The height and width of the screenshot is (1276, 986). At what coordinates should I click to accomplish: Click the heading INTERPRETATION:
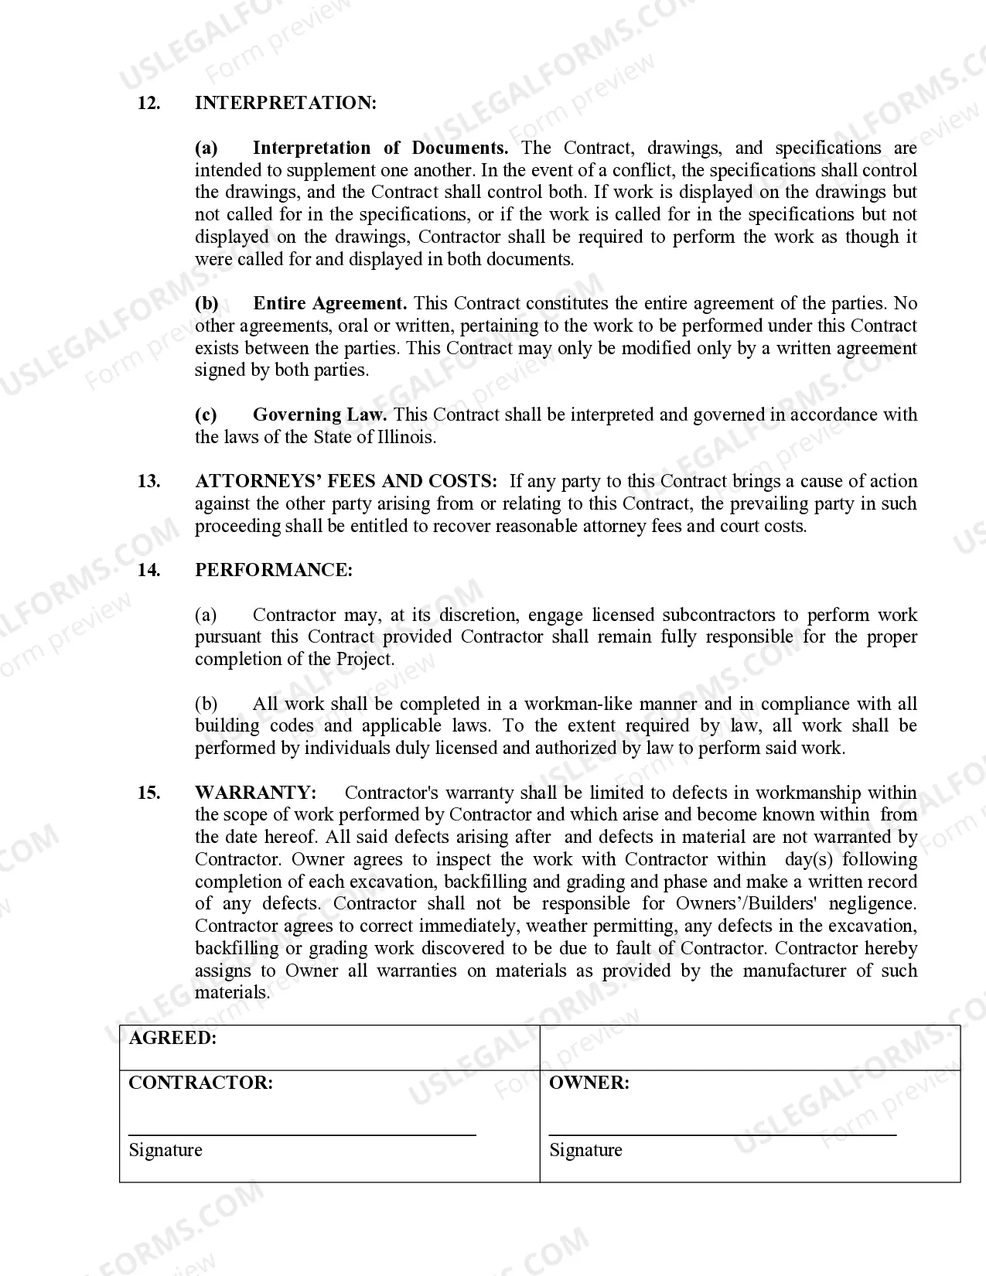coord(285,103)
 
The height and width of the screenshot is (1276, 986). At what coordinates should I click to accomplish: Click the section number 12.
coord(148,103)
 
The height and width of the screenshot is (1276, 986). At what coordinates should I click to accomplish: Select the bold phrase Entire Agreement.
coord(329,303)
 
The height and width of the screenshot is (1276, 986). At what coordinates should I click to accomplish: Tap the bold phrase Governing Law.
coord(319,415)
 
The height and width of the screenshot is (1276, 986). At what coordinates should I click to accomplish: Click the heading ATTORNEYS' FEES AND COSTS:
coord(346,481)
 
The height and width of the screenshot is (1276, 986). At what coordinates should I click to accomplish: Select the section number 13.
coord(148,481)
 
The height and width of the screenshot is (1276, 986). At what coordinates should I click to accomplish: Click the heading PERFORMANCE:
coord(274,570)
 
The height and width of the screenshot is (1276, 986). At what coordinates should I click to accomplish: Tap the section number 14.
coord(148,570)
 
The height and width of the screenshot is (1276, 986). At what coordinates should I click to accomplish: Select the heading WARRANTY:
coord(255,793)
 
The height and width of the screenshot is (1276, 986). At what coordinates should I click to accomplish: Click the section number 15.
coord(148,793)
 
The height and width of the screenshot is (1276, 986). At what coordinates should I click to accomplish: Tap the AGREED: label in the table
coord(172,1038)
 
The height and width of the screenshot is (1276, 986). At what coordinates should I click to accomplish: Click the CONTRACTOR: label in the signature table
coord(200,1083)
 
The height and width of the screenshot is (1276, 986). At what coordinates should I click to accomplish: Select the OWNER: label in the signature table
coord(589,1083)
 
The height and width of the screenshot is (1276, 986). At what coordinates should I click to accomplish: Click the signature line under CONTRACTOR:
coord(302,1134)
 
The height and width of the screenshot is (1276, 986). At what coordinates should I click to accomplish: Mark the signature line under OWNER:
coord(722,1134)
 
